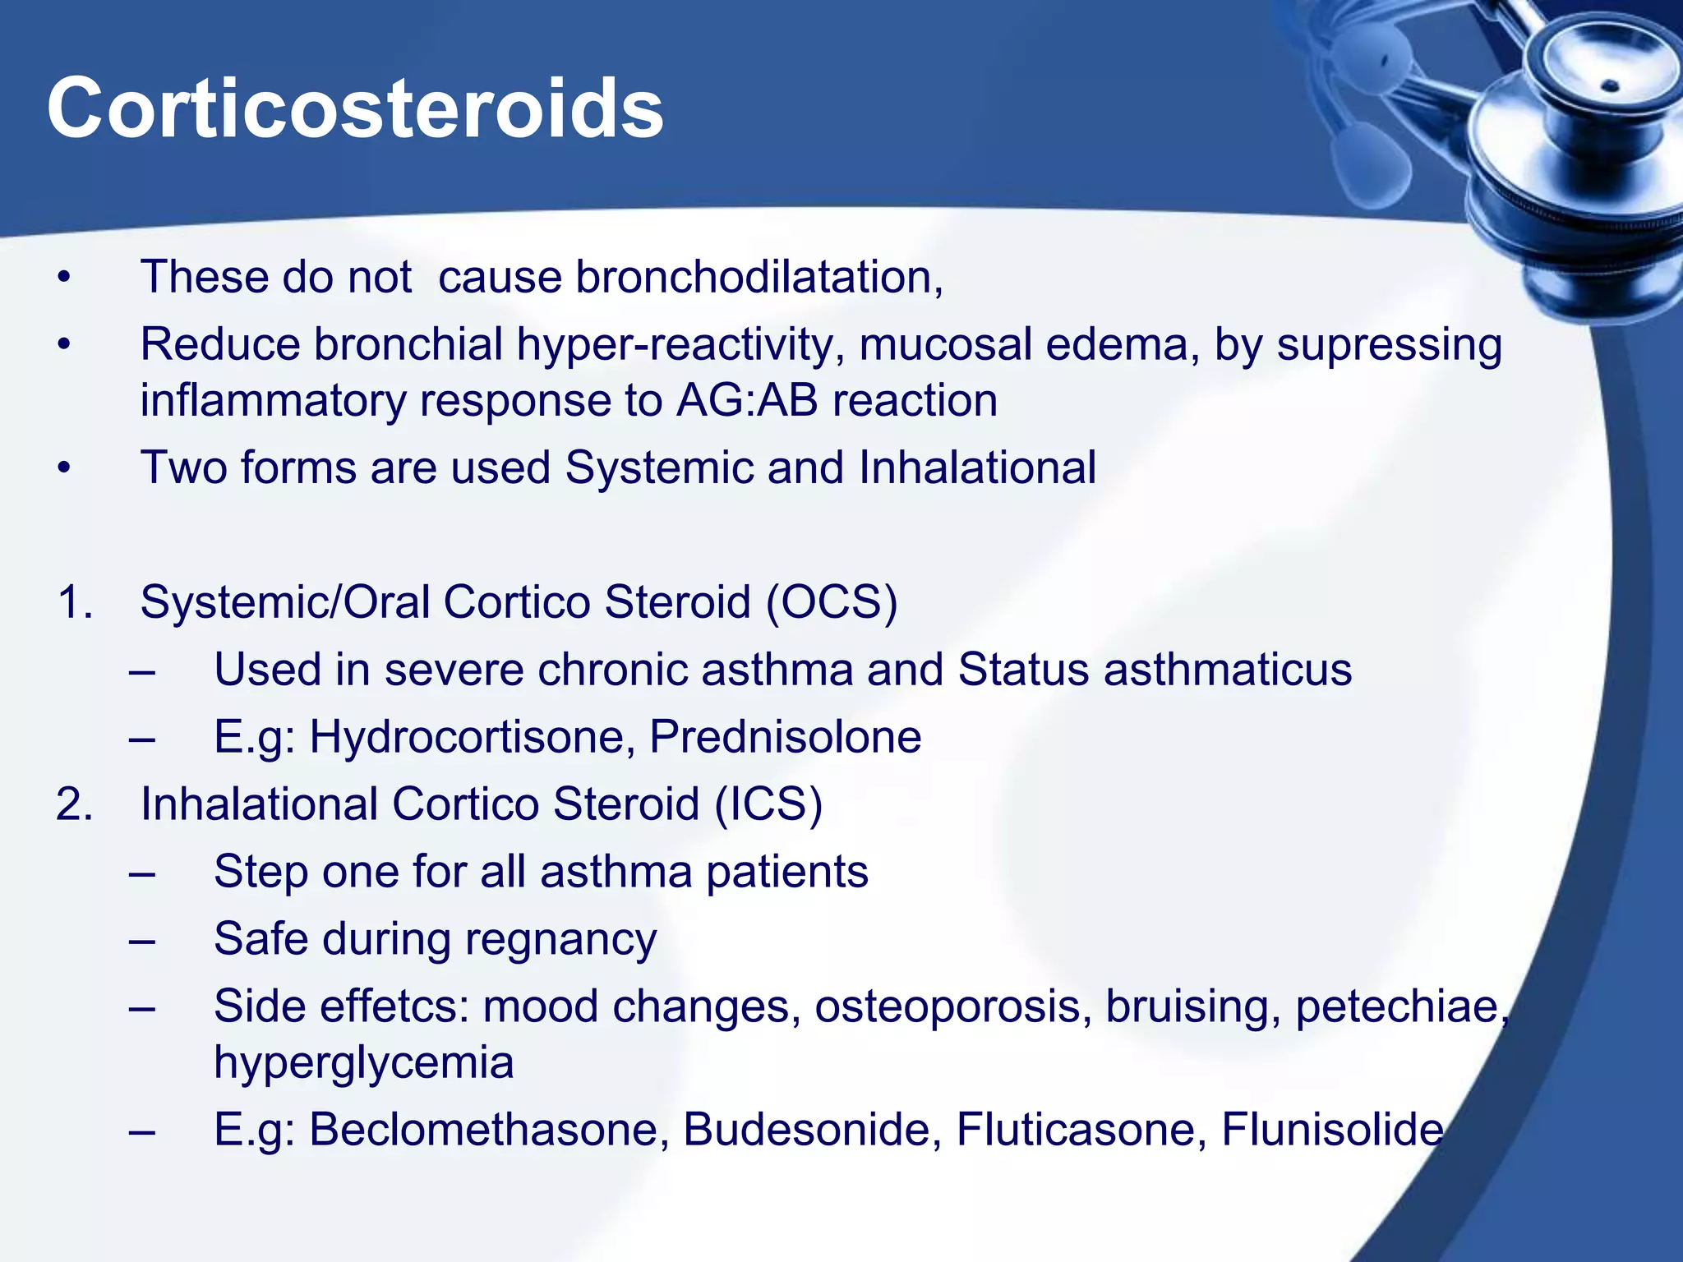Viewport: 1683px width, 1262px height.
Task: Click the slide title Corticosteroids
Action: (355, 109)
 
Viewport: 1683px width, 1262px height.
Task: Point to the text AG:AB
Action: (747, 401)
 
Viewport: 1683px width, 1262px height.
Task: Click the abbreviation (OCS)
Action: (832, 602)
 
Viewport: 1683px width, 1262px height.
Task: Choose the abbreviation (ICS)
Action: (768, 804)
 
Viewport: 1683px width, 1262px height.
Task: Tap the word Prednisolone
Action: (785, 737)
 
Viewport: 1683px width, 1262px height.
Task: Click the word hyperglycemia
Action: (364, 1062)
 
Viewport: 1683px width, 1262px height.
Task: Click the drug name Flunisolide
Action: (1332, 1130)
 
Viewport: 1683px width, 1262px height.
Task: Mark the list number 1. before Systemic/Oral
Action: (74, 602)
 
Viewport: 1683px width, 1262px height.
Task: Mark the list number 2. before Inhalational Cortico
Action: (74, 804)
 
